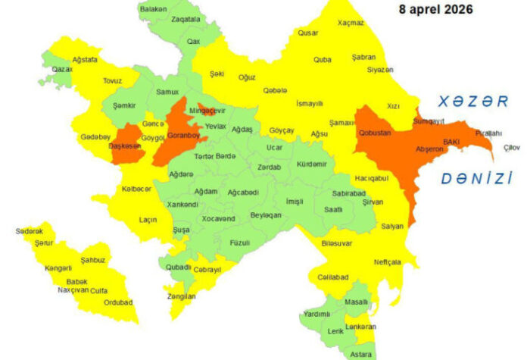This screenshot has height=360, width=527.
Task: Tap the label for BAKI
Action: [x=451, y=142]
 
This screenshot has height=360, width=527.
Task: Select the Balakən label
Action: [x=153, y=8]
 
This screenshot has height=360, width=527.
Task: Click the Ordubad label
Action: [x=117, y=302]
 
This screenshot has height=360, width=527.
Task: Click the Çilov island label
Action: [x=512, y=147]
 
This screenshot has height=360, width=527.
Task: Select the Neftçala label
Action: [x=387, y=262]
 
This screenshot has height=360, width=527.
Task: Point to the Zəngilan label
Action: [x=181, y=296]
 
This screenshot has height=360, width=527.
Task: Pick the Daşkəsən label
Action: [x=126, y=146]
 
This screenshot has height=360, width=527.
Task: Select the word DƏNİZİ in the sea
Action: [x=477, y=178]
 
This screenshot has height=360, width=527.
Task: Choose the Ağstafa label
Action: [x=84, y=59]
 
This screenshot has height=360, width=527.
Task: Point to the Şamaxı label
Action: [x=342, y=122]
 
